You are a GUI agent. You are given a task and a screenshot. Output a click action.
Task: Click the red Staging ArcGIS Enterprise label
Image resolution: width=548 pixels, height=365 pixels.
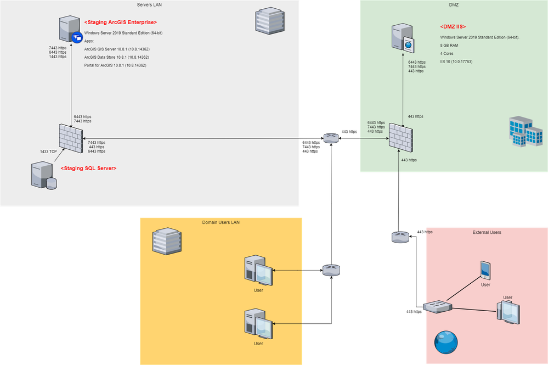(x=120, y=22)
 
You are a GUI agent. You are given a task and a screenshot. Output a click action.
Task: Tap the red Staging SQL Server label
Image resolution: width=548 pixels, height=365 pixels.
(x=88, y=168)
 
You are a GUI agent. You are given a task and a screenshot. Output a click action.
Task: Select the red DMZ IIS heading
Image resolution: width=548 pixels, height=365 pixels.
(x=453, y=26)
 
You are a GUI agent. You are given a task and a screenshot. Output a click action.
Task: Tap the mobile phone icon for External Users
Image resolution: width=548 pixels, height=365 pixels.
(x=485, y=269)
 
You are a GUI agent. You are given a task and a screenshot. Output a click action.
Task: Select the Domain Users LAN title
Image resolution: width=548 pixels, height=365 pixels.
(x=221, y=222)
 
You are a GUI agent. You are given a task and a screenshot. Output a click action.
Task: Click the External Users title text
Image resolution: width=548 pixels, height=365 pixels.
(x=487, y=232)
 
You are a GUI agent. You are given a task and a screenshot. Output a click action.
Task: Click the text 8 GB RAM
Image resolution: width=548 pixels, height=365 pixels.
(x=449, y=46)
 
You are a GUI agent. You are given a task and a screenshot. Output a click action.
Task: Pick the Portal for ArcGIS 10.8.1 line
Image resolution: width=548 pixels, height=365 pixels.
(x=115, y=65)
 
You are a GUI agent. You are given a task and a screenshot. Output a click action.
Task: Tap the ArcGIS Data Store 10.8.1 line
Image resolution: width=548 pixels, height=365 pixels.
(x=116, y=57)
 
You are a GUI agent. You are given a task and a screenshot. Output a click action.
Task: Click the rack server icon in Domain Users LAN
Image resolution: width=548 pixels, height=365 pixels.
(x=167, y=242)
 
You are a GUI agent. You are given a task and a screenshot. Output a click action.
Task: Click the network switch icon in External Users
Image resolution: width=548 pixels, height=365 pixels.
(x=438, y=307)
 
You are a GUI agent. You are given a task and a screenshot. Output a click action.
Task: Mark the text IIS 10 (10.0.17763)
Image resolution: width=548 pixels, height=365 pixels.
(x=456, y=61)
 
